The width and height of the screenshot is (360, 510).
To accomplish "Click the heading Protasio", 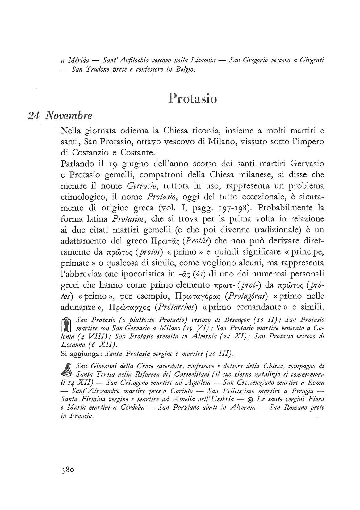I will point(193,98).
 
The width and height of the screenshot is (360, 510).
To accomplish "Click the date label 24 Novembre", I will point(60,116).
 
